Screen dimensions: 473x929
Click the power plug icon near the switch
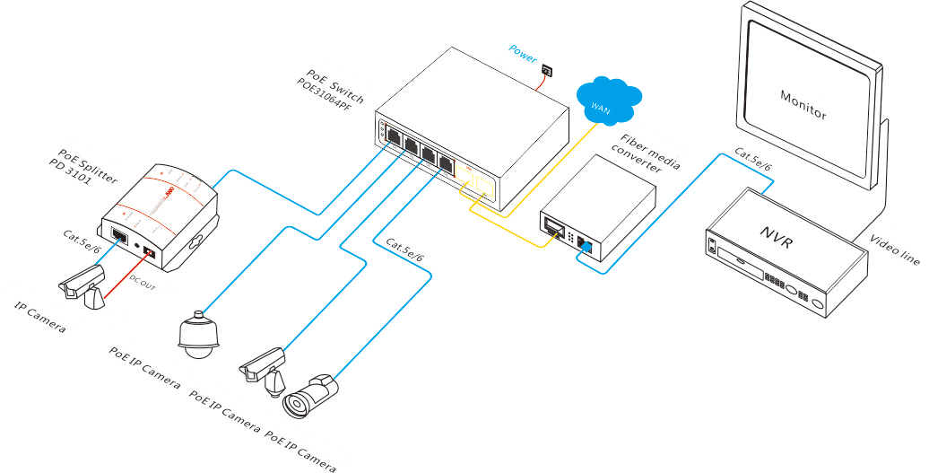coord(547,70)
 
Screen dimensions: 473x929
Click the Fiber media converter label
coord(649,154)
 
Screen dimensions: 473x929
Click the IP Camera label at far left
coord(40,319)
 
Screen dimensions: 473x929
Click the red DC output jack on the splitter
coord(149,254)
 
